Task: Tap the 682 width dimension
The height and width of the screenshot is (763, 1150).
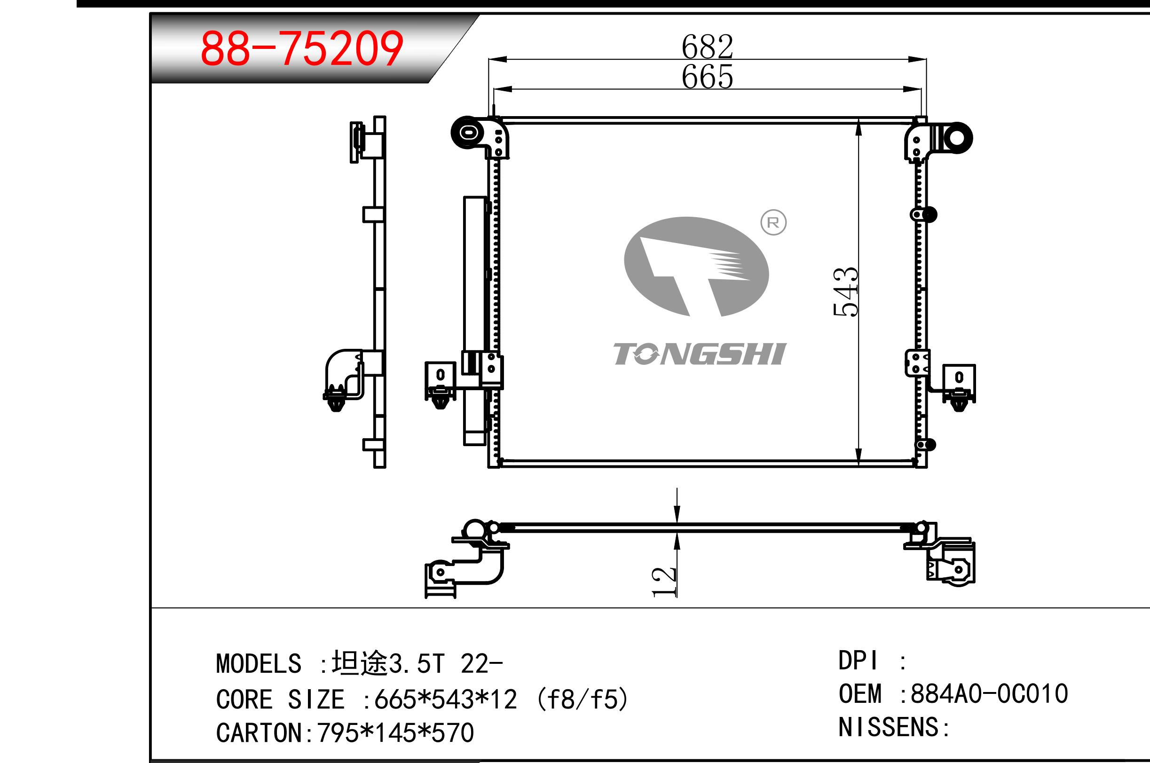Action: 707,46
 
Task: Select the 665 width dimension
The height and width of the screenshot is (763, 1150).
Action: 707,77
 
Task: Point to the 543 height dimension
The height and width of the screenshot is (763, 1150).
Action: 845,291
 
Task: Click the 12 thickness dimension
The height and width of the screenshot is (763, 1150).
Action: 664,582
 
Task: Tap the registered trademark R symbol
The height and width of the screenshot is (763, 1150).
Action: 773,222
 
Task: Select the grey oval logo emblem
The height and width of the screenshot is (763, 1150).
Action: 696,267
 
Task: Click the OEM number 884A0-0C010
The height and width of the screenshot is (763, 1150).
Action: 989,693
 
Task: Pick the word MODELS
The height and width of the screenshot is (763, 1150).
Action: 259,664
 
